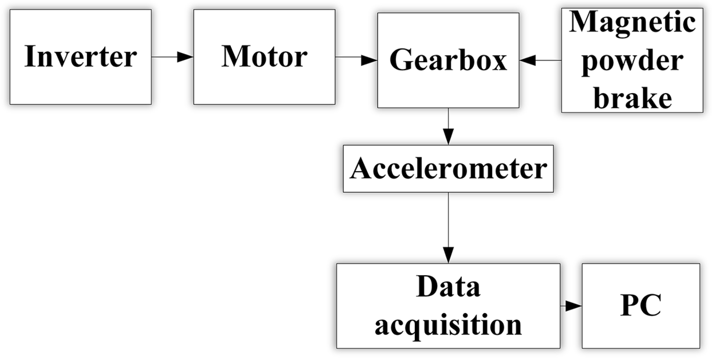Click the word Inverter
[81, 57]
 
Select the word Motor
[264, 57]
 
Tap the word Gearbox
[448, 60]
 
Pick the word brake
[632, 98]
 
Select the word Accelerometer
[448, 168]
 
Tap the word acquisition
[448, 325]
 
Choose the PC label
[641, 305]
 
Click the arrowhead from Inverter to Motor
[185, 57]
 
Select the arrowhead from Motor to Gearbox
[369, 60]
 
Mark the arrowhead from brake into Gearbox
[528, 60]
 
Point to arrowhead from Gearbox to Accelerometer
[448, 137]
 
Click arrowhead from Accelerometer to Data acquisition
[448, 255]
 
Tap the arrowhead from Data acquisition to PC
[573, 306]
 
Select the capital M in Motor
[234, 57]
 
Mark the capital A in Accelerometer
[361, 168]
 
